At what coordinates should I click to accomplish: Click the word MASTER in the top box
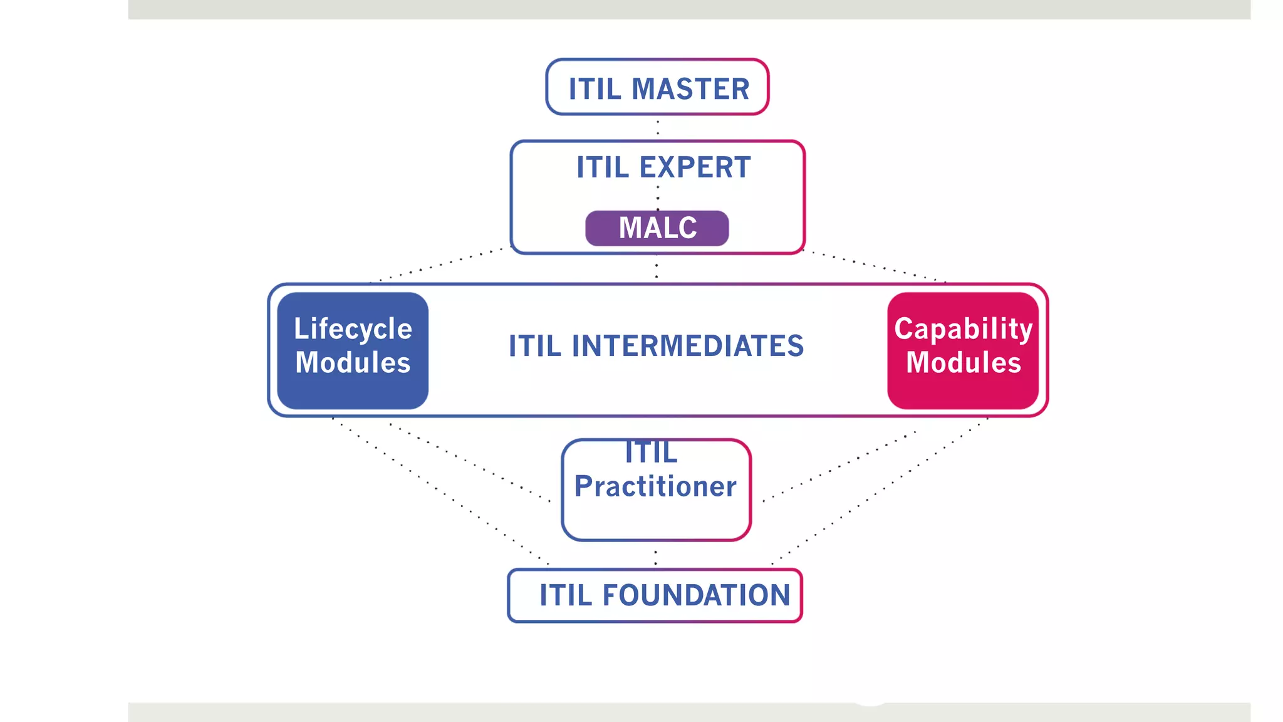click(690, 88)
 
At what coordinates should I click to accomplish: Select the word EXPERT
click(695, 167)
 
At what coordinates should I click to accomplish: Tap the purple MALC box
click(657, 228)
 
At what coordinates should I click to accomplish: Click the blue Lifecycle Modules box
click(353, 350)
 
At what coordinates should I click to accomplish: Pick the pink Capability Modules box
click(963, 350)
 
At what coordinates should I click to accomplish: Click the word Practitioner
click(655, 486)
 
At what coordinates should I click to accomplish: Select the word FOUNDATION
click(696, 595)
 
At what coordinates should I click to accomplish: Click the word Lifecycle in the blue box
click(353, 329)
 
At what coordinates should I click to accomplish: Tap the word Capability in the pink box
click(963, 329)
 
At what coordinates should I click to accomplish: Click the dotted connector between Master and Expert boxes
click(657, 127)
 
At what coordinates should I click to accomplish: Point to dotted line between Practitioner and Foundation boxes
click(655, 556)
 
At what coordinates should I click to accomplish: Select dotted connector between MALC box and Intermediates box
click(657, 268)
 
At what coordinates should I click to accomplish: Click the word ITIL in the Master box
click(595, 88)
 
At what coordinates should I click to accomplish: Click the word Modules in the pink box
click(964, 363)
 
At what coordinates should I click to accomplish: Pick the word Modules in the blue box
click(353, 363)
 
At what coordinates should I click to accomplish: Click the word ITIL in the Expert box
click(602, 167)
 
